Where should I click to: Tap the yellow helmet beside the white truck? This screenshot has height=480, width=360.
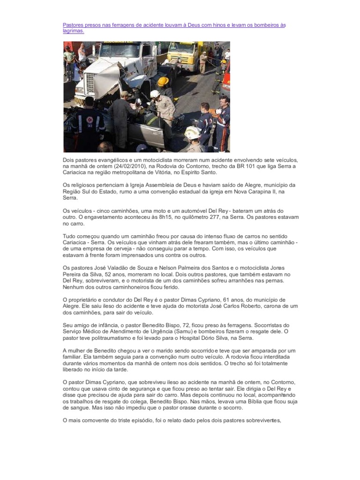(163, 82)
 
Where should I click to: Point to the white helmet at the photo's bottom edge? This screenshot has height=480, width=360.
(191, 134)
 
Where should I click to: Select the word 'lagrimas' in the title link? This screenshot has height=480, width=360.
(73, 31)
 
